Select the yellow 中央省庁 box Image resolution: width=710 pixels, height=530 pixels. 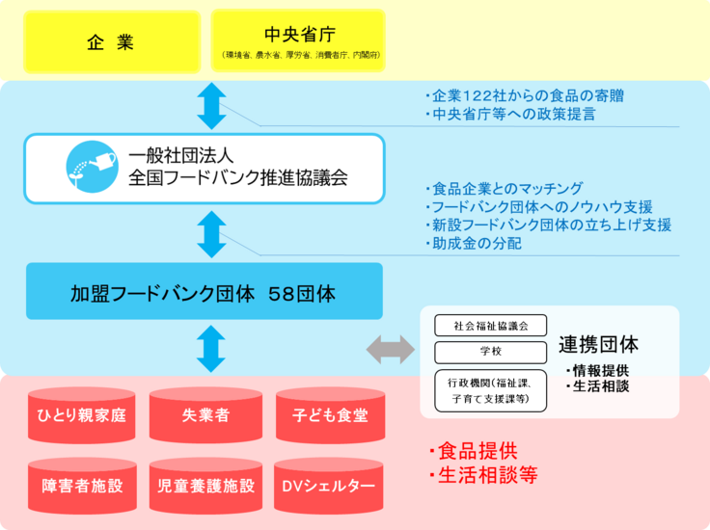[298, 42]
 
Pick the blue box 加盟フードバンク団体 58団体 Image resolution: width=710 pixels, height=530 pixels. [204, 291]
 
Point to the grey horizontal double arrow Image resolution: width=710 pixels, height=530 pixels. [390, 350]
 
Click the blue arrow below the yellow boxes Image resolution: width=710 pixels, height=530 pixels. [211, 107]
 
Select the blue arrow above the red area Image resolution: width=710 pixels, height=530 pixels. [211, 349]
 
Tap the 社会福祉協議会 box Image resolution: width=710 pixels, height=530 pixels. [491, 325]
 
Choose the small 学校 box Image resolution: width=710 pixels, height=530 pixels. [491, 352]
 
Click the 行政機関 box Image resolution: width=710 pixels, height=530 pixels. [491, 390]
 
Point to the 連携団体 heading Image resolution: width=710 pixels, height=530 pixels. [598, 345]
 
